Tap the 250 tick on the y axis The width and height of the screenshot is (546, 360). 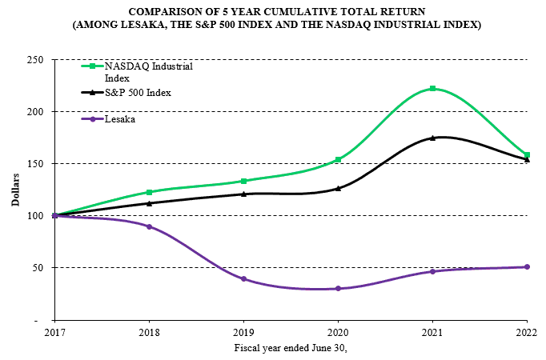click(34, 60)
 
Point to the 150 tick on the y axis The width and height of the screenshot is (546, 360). click(34, 164)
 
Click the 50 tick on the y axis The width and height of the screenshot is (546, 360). click(37, 268)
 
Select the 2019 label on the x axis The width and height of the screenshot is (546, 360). click(243, 330)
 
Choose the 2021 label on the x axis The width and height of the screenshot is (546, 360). click(432, 330)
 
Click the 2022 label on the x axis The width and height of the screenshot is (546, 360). click(526, 330)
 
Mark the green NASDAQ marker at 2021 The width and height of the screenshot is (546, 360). click(432, 89)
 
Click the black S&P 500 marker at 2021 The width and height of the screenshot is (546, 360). click(432, 138)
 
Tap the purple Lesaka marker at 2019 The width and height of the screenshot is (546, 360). click(243, 279)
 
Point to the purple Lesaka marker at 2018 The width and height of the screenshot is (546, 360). click(149, 226)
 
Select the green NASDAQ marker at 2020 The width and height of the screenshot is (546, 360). click(338, 159)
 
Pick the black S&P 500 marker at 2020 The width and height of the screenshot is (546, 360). click(338, 188)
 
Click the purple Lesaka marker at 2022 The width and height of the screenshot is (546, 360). click(527, 267)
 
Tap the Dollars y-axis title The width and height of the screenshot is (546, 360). click(15, 190)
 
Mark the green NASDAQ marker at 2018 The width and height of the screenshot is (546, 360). click(149, 192)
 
